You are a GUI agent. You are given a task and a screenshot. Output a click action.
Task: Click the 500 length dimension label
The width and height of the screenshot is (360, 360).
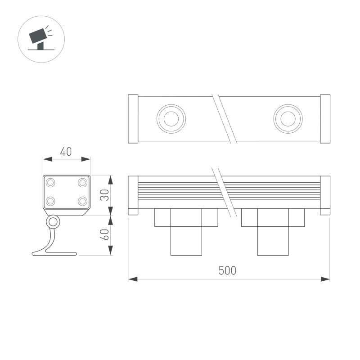227,270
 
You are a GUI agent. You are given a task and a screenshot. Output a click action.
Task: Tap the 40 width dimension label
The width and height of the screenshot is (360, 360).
66,152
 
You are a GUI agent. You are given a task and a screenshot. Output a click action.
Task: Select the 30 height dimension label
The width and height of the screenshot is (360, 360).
105,195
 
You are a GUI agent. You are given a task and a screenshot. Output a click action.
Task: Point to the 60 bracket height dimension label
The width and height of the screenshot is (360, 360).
105,235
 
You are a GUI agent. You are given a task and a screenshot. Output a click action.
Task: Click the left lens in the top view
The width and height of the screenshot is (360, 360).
171,119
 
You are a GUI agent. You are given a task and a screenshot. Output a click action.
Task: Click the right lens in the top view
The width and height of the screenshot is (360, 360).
288,119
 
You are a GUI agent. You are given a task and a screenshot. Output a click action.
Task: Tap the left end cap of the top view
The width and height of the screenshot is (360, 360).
133,119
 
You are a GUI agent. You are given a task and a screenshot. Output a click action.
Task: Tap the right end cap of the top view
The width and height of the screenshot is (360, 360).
325,119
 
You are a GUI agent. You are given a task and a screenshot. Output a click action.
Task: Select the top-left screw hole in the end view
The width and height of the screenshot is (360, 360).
50,183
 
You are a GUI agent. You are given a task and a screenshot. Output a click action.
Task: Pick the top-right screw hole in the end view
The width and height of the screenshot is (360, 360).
82,183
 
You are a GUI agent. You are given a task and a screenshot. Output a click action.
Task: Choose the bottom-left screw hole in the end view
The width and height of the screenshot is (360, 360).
50,201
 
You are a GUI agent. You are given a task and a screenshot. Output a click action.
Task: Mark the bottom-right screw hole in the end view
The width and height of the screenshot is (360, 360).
82,201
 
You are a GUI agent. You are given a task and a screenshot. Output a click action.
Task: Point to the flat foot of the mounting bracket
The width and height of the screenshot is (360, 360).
54,253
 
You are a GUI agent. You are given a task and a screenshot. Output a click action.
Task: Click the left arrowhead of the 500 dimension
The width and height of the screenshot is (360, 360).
132,279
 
